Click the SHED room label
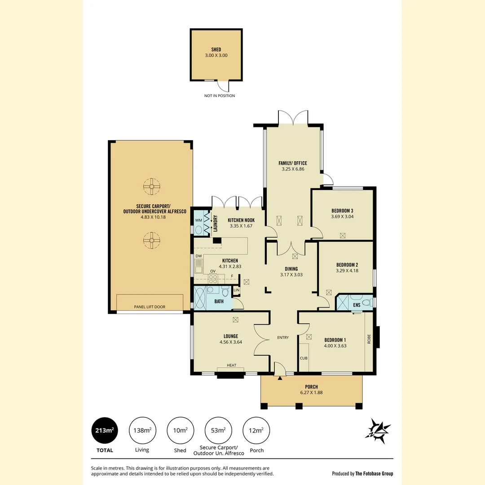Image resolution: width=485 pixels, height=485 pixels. (216, 49)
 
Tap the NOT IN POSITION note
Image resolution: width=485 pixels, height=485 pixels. (219, 96)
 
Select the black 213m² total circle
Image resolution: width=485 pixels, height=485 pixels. (104, 430)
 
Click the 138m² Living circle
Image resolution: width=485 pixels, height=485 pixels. (142, 430)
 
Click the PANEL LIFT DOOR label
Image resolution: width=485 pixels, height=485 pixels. (150, 307)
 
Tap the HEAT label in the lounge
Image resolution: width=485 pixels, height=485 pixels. (231, 365)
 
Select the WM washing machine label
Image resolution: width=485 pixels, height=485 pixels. (198, 220)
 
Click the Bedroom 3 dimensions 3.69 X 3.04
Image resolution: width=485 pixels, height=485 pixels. (343, 216)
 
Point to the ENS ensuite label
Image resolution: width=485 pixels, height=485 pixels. (357, 305)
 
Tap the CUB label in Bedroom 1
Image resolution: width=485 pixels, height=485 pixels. (303, 358)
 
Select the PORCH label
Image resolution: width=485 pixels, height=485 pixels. (311, 387)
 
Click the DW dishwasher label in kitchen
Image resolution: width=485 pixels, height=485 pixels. (198, 256)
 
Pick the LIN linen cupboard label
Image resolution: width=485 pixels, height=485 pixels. (236, 290)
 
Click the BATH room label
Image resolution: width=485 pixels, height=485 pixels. (219, 301)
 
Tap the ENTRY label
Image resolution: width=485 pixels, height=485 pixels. (283, 338)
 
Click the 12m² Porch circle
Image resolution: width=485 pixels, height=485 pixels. (256, 430)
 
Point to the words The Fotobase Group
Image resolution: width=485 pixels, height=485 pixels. (374, 473)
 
